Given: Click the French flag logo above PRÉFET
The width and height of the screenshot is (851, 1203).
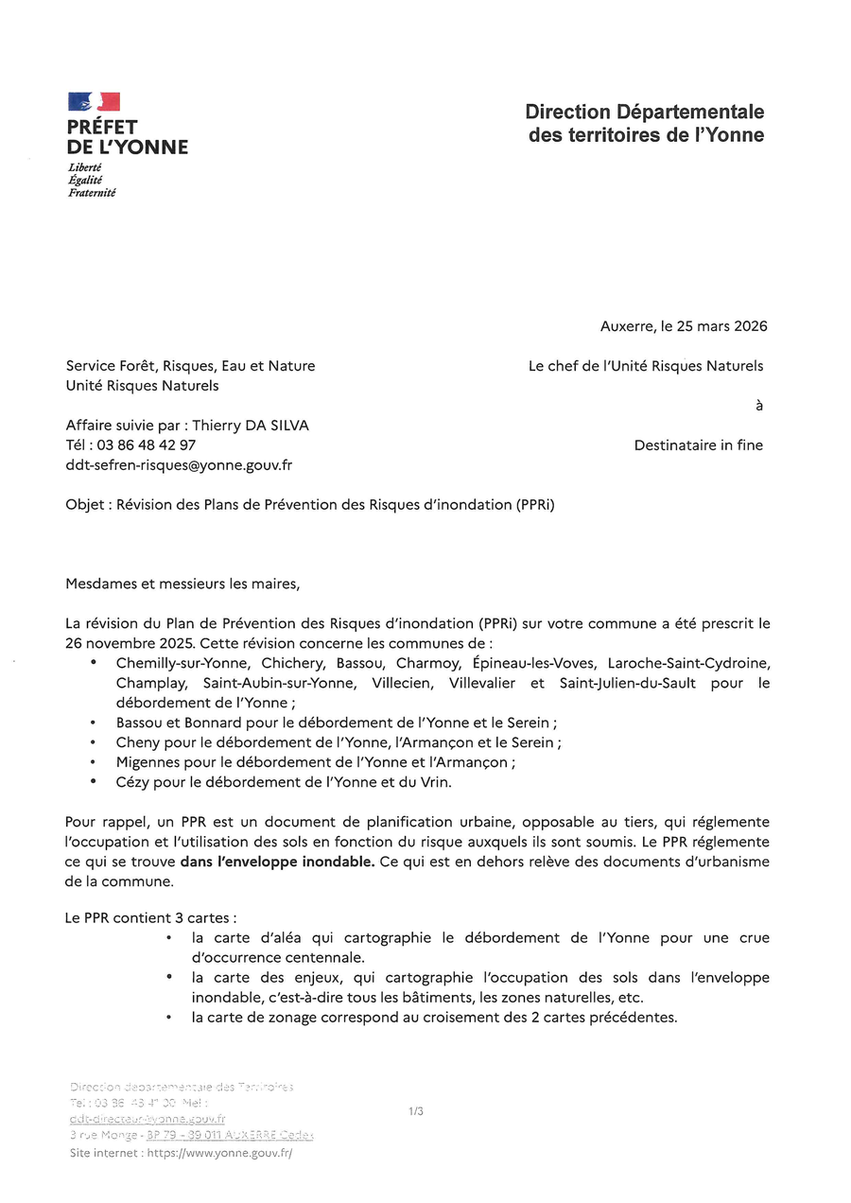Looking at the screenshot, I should point(94,102).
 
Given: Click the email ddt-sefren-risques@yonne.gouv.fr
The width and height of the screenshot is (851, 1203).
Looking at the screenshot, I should point(179,464).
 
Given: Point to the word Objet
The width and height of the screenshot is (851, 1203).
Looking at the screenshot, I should point(86,504).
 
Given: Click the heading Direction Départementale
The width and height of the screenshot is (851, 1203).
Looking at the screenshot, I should point(645,113).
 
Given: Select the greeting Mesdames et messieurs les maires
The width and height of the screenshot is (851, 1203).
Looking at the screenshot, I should point(182,584).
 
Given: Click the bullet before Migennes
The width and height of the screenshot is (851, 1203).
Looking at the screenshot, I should point(94,761).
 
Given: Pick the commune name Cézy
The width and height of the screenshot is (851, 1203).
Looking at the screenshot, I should point(134,782).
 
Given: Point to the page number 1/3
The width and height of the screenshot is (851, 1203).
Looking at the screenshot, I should point(416,1111).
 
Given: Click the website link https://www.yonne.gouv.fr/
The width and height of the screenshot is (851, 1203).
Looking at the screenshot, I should point(219,1153).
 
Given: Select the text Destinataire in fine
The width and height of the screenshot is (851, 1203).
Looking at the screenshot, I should point(698,445).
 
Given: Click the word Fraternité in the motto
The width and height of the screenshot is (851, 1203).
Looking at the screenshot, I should point(92,192).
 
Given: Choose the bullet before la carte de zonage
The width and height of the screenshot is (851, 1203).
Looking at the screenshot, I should point(167,1018).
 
